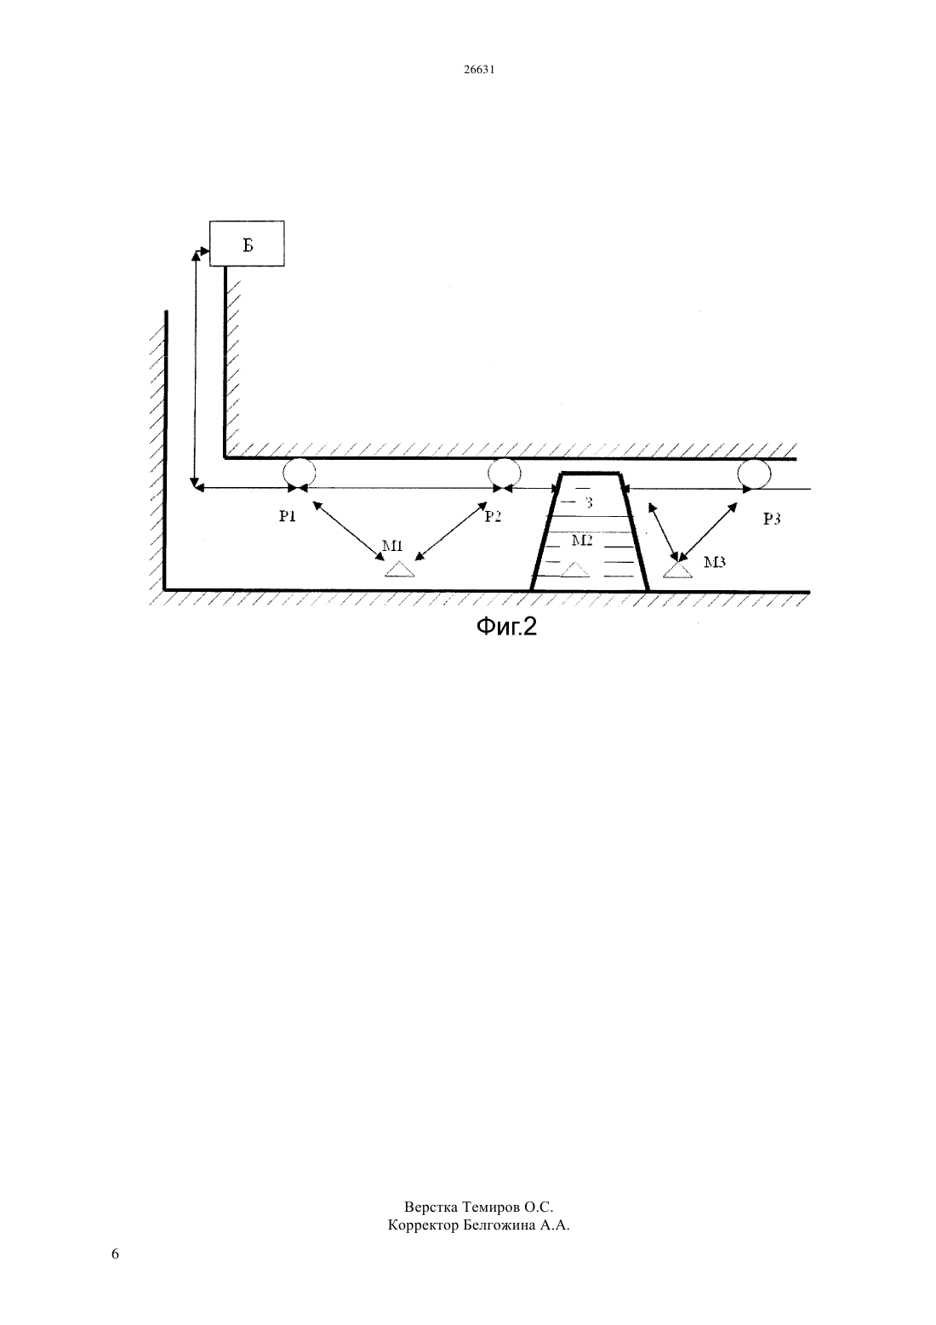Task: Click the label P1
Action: click(x=288, y=516)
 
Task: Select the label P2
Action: click(x=493, y=516)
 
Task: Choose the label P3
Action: click(x=772, y=519)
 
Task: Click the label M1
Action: click(x=392, y=545)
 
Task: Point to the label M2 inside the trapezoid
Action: click(x=582, y=540)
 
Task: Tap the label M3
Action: click(x=715, y=562)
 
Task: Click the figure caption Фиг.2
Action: click(x=506, y=626)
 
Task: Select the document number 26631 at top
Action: click(x=479, y=69)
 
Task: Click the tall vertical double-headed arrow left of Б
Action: click(x=194, y=369)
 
